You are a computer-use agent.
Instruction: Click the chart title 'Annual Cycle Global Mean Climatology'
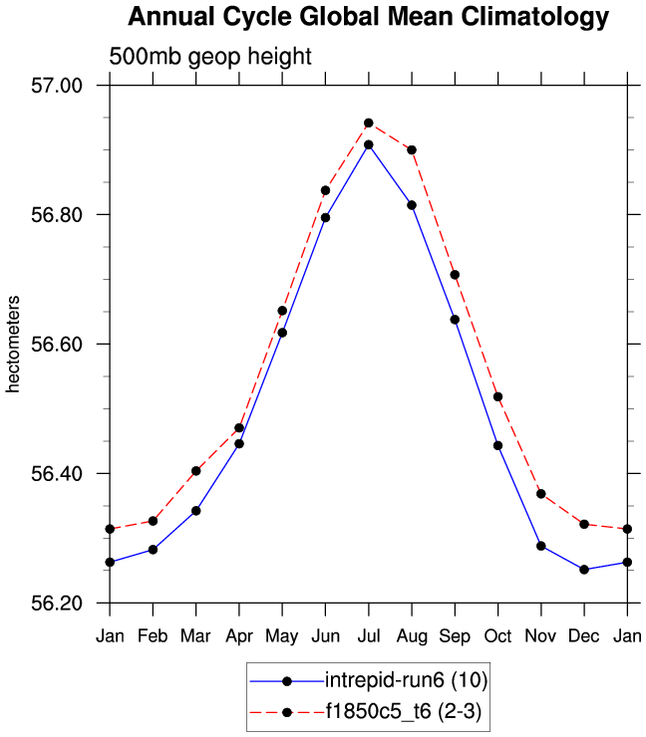368,17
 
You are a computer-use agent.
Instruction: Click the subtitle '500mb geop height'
209,57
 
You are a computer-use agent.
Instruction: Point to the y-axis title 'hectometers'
14,344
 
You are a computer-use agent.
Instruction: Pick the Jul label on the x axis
368,635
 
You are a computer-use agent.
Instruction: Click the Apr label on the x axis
238,635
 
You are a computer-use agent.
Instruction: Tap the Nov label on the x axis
540,635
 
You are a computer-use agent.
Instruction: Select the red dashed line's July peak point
369,123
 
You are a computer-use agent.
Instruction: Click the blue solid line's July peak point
369,144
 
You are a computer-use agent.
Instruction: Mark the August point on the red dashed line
412,149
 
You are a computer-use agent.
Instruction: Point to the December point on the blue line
584,570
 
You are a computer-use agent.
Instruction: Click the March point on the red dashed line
196,471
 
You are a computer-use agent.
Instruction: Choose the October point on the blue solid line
497,445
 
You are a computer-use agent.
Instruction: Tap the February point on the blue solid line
153,549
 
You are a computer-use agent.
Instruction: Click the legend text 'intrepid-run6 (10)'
407,681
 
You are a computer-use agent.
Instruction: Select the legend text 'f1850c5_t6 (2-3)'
405,711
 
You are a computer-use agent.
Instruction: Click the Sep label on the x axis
455,635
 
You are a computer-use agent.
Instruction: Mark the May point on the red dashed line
282,311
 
